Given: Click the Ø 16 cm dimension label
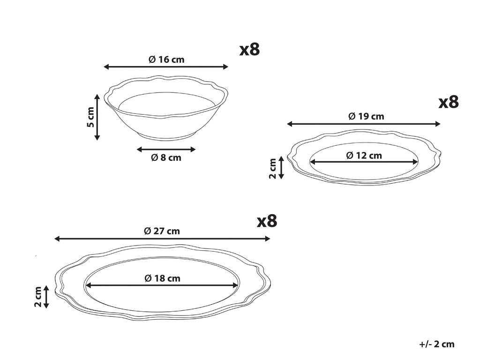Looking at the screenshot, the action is (166, 59).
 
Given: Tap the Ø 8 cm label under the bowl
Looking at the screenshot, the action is (166, 157).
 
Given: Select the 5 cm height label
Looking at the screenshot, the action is (90, 117).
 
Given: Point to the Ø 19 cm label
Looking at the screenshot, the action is (366, 116).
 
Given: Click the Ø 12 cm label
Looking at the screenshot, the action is (364, 156).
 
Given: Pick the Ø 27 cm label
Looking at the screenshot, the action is (162, 231).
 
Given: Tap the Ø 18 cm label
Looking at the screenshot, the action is (162, 278).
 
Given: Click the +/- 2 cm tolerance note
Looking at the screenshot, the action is (437, 344).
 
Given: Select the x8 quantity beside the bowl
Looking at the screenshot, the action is (249, 49).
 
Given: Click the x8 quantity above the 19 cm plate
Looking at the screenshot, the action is (449, 102).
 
